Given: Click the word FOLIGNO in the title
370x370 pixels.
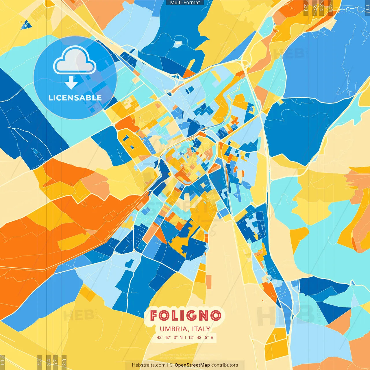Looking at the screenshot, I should (186, 316).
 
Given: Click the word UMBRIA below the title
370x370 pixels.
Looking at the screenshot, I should (173, 329).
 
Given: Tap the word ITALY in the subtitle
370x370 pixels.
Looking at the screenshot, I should (201, 329).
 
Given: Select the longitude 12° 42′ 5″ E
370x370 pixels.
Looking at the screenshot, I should (201, 337).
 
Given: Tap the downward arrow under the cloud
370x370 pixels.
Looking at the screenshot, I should (71, 83).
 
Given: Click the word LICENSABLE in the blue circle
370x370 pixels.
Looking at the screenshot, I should (75, 98).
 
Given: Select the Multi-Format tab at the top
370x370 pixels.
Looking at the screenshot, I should (185, 3).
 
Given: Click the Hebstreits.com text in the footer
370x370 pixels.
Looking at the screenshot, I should (149, 365).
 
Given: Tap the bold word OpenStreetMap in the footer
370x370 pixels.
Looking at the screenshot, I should (192, 365).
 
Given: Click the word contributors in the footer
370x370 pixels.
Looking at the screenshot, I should (225, 365).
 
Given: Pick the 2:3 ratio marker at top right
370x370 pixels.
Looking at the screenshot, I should (306, 7).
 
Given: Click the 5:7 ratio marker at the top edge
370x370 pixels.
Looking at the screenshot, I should (315, 7).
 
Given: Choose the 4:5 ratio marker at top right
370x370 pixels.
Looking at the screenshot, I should (331, 7).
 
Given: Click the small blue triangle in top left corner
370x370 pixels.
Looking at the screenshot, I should (27, 25).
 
